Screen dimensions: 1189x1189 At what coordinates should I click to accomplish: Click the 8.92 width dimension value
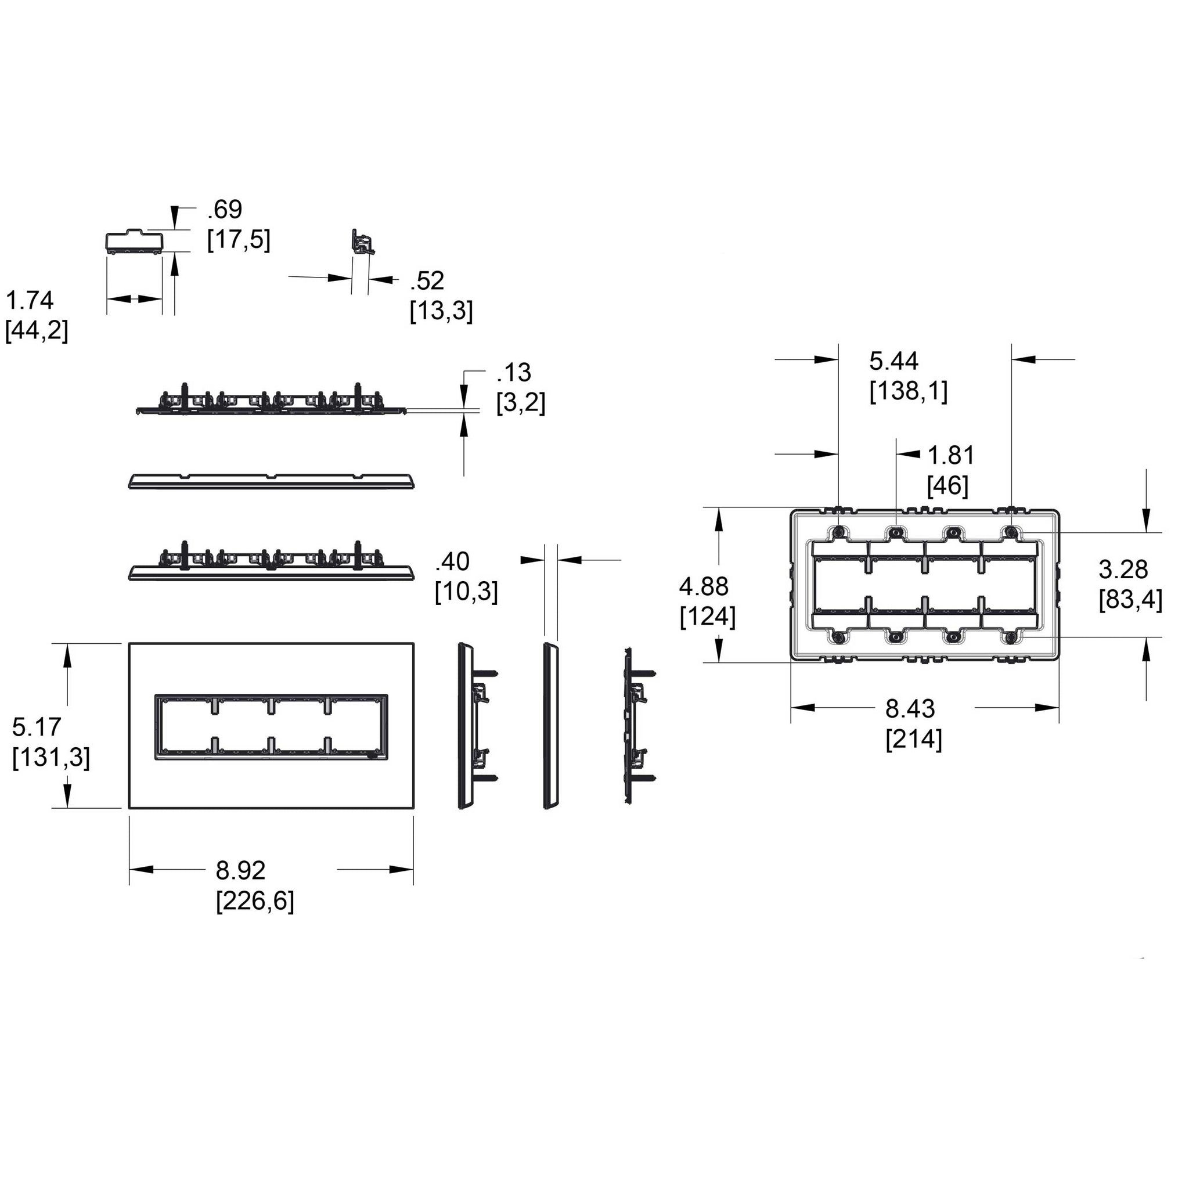240,871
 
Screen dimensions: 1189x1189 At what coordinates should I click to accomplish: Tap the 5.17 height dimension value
37,727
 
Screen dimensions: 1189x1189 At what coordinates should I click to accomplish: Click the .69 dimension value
225,210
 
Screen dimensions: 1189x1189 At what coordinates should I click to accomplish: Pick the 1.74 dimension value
30,300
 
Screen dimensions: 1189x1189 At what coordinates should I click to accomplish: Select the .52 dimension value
427,280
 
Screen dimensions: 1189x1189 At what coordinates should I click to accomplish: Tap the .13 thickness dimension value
514,372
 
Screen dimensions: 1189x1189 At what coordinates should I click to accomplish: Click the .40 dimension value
452,561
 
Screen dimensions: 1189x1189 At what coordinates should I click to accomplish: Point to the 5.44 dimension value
893,361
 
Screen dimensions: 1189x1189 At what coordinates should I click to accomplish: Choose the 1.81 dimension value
951,455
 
